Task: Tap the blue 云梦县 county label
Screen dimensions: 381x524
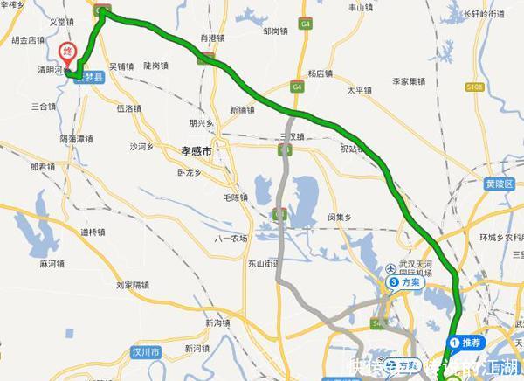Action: [90, 77]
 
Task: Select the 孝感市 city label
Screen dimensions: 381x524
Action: [196, 149]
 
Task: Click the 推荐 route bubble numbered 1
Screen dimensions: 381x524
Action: [465, 342]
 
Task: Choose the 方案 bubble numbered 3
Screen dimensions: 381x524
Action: [407, 282]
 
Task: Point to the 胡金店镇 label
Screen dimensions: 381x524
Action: [29, 39]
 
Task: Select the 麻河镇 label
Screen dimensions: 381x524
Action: [53, 263]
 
